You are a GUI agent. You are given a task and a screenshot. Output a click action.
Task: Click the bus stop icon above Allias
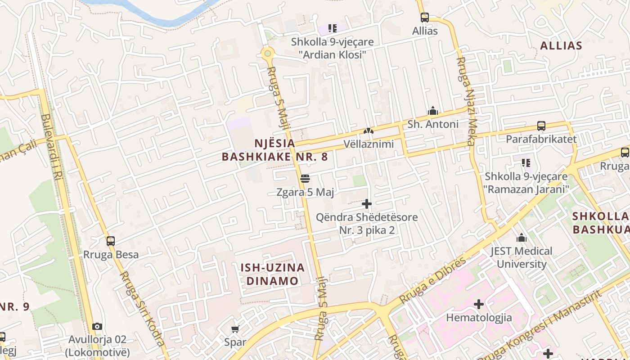[424, 18]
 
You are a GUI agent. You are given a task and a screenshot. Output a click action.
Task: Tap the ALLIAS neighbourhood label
[561, 45]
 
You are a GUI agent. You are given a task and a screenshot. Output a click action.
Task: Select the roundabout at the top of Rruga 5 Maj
[267, 54]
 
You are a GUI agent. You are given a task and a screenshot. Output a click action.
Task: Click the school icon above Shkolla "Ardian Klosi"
[332, 29]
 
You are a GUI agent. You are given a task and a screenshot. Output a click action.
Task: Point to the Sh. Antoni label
[433, 124]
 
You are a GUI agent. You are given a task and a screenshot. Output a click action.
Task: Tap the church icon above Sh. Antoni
[433, 111]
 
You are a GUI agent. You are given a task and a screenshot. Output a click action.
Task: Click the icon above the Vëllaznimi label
[368, 131]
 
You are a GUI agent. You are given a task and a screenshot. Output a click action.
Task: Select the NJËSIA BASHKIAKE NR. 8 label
[274, 150]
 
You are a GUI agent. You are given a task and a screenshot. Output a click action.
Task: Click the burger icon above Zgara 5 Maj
[305, 179]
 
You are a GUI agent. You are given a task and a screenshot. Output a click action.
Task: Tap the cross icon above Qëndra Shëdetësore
[367, 204]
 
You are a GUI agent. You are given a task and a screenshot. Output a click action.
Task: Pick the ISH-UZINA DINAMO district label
[272, 274]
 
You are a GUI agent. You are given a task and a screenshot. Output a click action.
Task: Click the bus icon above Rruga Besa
[111, 241]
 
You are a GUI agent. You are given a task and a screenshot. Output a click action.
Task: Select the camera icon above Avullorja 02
[97, 326]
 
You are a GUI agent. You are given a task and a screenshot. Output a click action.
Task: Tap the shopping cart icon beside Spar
[235, 329]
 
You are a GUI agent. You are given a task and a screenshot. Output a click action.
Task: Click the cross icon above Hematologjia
[479, 304]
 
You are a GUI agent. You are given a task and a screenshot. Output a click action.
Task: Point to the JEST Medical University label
[522, 257]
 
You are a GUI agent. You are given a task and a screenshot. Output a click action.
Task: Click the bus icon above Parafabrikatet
[541, 126]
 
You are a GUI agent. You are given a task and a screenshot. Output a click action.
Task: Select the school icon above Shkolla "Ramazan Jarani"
[525, 162]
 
